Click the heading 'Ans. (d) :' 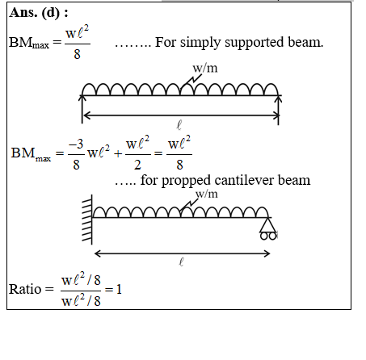(x=39, y=13)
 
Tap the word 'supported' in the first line (x=255, y=43)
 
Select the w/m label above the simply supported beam (x=205, y=68)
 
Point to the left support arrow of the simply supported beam (x=82, y=109)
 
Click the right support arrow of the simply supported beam (x=279, y=111)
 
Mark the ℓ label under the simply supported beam (x=179, y=125)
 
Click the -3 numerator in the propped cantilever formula (x=76, y=144)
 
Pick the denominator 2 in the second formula (x=137, y=165)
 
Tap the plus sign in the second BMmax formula (x=118, y=153)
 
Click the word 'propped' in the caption (x=186, y=181)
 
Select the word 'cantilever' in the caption (x=244, y=180)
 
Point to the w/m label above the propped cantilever (x=207, y=194)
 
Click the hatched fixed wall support (x=87, y=220)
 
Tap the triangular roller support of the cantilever (x=268, y=228)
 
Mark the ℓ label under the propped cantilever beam (x=181, y=262)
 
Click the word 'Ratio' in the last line (x=25, y=290)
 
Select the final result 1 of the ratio (x=119, y=290)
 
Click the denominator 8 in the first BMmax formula (x=77, y=54)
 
